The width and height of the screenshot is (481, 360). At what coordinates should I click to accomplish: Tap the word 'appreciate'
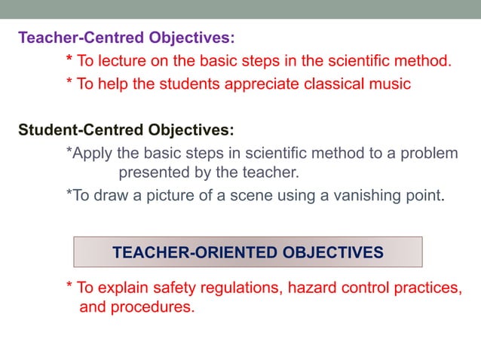259,84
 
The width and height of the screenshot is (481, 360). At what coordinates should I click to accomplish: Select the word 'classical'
331,84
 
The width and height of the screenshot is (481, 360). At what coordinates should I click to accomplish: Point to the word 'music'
391,84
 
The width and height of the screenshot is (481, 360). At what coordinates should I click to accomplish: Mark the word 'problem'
428,153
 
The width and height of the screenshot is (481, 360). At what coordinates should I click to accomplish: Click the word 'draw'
112,197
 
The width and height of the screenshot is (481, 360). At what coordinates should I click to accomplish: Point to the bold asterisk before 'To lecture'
69,59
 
